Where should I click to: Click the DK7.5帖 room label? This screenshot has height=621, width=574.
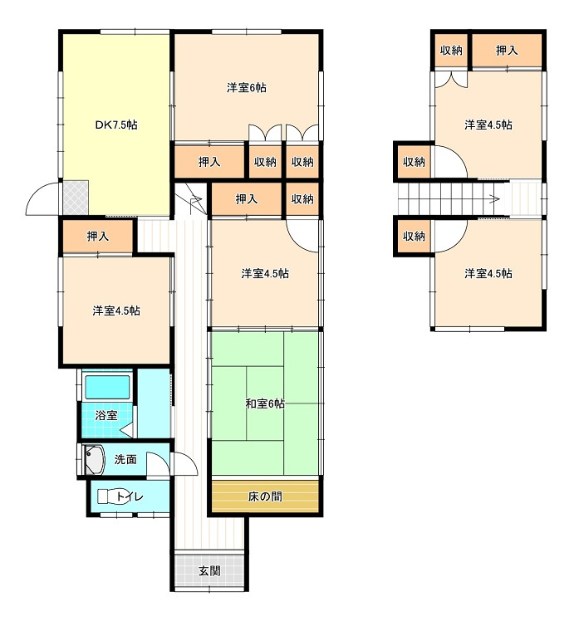click(116, 125)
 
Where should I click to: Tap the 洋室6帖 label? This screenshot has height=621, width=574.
click(247, 87)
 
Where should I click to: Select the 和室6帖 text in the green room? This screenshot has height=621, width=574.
click(265, 403)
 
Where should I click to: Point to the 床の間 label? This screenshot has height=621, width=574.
click(265, 496)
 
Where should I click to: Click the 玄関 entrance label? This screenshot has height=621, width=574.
click(209, 570)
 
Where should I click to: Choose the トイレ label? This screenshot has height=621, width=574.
click(130, 496)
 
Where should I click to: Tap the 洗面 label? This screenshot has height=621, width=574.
click(125, 459)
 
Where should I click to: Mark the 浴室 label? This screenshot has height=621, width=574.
click(106, 415)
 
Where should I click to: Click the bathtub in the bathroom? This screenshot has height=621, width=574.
click(107, 387)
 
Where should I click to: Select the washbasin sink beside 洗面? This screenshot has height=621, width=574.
click(94, 459)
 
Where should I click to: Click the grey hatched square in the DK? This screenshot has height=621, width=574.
click(76, 198)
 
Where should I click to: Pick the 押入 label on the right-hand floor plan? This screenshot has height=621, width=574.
click(507, 51)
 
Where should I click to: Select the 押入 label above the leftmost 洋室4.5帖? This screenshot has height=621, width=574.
click(97, 237)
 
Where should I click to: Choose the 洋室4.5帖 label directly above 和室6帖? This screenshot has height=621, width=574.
click(265, 273)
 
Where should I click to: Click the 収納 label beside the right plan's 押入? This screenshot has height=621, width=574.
click(451, 51)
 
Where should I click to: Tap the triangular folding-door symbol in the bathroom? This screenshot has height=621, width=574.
click(126, 430)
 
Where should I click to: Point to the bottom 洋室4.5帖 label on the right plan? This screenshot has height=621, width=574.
click(488, 273)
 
